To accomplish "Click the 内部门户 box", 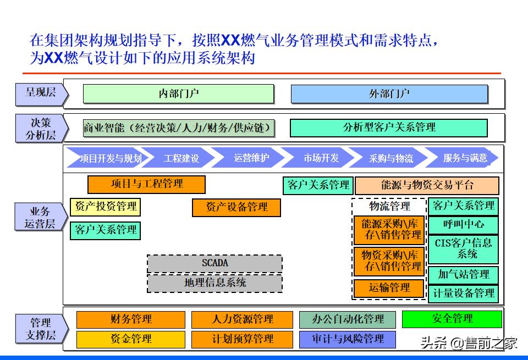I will click(x=178, y=93).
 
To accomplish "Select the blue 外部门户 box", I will click(x=389, y=94).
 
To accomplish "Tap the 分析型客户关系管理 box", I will click(x=388, y=128).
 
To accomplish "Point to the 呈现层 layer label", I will click(x=41, y=93).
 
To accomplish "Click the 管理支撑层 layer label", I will click(x=41, y=329).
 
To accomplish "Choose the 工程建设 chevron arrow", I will click(x=182, y=158).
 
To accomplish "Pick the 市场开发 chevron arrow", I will click(x=321, y=158).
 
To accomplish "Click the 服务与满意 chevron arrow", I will click(x=465, y=158).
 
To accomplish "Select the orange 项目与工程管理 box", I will click(x=146, y=184).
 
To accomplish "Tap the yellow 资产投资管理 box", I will click(x=105, y=207).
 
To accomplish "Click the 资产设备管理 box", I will click(x=236, y=207).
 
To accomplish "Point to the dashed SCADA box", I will click(x=215, y=263).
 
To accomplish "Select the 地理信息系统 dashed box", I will click(x=215, y=283).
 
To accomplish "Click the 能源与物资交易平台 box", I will click(x=427, y=185).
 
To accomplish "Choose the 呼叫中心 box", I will click(x=463, y=224).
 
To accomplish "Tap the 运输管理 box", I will click(x=389, y=288).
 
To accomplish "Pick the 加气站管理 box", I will click(x=463, y=274).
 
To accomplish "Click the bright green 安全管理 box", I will click(x=452, y=319).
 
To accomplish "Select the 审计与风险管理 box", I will click(x=347, y=339).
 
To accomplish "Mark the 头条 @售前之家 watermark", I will click(x=469, y=344).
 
